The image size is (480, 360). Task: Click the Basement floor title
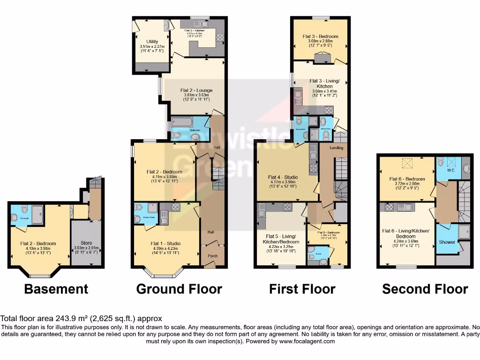click(x=56, y=289)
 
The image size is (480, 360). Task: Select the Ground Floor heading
click(x=179, y=289)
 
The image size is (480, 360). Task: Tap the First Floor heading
click(x=302, y=289)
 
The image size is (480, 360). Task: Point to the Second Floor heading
click(x=425, y=289)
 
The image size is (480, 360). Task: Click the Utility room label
click(x=152, y=42)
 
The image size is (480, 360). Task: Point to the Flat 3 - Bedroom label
click(x=320, y=36)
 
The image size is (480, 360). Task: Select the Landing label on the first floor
click(x=336, y=148)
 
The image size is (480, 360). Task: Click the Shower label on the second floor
click(x=447, y=242)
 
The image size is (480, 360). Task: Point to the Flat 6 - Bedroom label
click(x=407, y=179)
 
